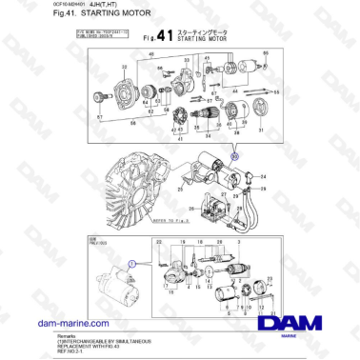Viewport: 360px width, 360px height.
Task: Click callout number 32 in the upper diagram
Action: click(x=125, y=68)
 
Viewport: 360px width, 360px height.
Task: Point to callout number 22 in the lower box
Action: click(x=159, y=244)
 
